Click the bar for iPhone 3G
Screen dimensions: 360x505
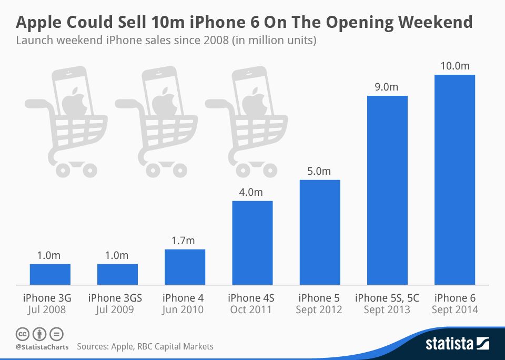coord(50,274)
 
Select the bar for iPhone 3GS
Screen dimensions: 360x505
coord(117,274)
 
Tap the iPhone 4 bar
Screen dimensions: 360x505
coord(185,267)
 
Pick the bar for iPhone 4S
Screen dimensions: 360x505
coord(252,243)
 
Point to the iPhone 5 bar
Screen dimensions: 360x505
coord(319,232)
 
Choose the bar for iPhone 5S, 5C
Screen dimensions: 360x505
coord(387,190)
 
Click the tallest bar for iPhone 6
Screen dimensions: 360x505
coord(454,179)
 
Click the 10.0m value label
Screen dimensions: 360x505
coord(454,66)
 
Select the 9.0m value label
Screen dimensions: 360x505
coord(387,87)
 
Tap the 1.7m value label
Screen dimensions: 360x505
coord(185,241)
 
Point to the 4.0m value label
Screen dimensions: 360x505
coord(252,192)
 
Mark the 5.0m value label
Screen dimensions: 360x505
coord(319,171)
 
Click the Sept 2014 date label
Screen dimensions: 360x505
coord(454,310)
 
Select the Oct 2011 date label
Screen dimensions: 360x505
coord(252,310)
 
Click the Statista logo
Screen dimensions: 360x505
coord(457,344)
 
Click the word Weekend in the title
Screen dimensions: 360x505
coord(435,22)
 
